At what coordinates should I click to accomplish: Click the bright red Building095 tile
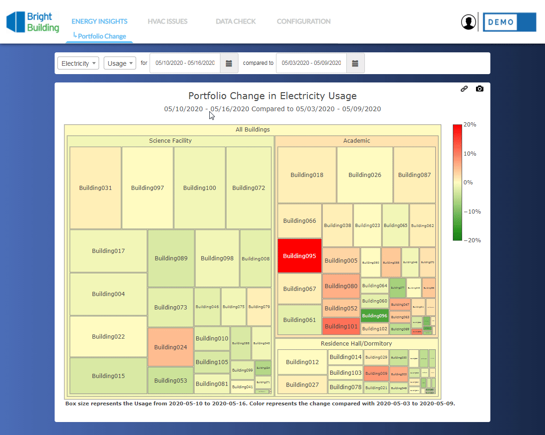[x=299, y=256]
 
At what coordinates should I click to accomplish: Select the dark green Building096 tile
[x=375, y=315]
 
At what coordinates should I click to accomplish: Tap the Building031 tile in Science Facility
[x=95, y=188]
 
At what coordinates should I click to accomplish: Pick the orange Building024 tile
[x=170, y=347]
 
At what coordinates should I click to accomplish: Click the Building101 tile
[x=341, y=326]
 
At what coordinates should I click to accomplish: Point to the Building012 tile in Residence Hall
[x=302, y=362]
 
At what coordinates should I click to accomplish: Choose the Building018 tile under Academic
[x=307, y=175]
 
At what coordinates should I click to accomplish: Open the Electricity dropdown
[x=78, y=63]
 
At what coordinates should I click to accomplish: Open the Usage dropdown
[x=119, y=63]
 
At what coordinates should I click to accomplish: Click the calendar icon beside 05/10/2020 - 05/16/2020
[x=229, y=63]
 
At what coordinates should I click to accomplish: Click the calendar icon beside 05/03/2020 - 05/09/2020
[x=355, y=63]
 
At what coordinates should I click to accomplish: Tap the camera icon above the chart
[x=480, y=88]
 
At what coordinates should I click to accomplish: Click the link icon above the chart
[x=464, y=88]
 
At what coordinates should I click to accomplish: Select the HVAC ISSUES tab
[x=168, y=21]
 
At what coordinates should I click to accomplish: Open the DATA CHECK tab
[x=236, y=21]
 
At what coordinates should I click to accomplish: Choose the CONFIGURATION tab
[x=303, y=21]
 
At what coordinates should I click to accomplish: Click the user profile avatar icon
[x=469, y=22]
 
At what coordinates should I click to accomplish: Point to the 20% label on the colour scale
[x=470, y=125]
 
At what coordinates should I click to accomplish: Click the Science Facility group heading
[x=170, y=140]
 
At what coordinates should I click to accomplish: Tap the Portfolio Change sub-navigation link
[x=102, y=36]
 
